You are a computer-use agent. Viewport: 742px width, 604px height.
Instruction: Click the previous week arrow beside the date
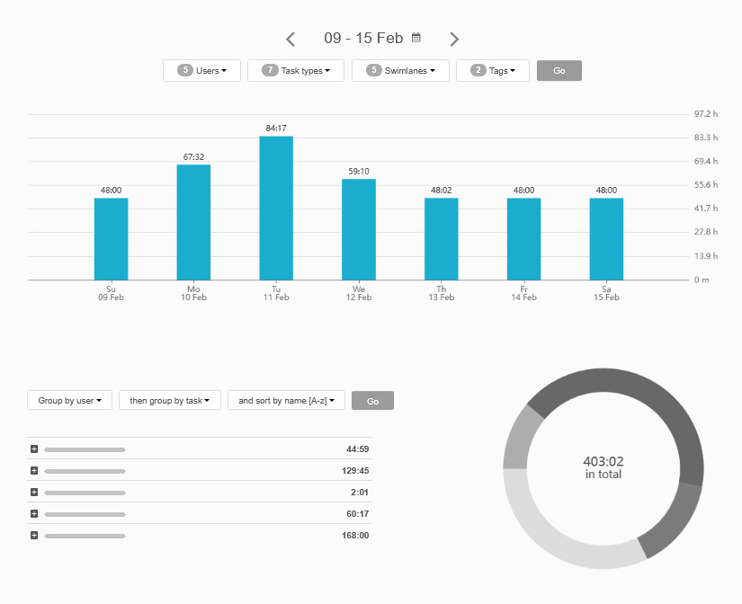tap(291, 39)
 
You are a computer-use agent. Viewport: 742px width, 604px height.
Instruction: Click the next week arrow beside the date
tap(454, 39)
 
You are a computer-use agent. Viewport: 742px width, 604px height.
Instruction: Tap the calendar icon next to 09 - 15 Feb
tap(416, 38)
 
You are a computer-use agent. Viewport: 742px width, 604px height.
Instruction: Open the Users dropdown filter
tap(201, 71)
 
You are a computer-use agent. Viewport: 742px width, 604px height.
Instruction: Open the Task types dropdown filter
tap(295, 71)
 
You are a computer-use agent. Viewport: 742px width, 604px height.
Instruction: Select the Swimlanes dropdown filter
tap(399, 71)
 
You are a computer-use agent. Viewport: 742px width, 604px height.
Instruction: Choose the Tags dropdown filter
tap(492, 71)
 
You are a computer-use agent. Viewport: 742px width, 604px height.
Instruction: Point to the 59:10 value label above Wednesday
tap(359, 171)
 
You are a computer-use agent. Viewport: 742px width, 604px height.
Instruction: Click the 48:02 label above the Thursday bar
tap(441, 191)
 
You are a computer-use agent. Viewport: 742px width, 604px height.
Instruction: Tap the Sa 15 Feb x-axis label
tap(606, 293)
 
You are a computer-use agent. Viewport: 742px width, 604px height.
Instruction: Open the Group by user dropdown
tap(69, 401)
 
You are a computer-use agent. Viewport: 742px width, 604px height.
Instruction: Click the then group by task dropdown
tap(169, 401)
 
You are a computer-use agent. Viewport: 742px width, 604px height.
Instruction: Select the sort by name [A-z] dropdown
tap(286, 401)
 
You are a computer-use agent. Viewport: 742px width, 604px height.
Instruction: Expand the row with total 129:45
tap(34, 471)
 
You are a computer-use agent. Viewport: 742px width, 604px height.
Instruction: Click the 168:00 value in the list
tap(357, 536)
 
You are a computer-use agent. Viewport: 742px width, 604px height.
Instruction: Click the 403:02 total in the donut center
tap(603, 461)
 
